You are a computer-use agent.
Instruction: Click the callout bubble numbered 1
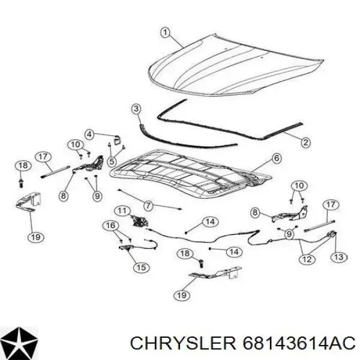click(166, 32)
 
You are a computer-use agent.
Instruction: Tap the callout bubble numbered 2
click(305, 143)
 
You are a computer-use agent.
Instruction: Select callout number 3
click(136, 109)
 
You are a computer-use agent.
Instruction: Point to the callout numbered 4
click(89, 134)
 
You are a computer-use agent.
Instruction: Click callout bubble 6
click(277, 158)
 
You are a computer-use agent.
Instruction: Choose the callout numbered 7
click(148, 205)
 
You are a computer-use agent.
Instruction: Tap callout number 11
click(122, 211)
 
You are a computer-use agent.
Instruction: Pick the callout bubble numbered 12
click(307, 259)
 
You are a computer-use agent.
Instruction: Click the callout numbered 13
click(339, 257)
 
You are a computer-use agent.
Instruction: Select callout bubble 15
click(141, 267)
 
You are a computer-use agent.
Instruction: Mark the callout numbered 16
click(110, 225)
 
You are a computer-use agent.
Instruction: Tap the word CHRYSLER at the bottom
click(183, 344)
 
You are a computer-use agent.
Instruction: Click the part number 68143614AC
click(299, 344)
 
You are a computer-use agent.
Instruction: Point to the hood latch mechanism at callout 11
click(139, 221)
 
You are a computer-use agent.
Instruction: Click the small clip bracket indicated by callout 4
click(118, 140)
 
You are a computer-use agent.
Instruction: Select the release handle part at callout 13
click(332, 235)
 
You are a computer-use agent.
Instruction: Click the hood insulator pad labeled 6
click(191, 173)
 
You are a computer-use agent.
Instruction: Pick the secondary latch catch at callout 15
click(126, 247)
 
